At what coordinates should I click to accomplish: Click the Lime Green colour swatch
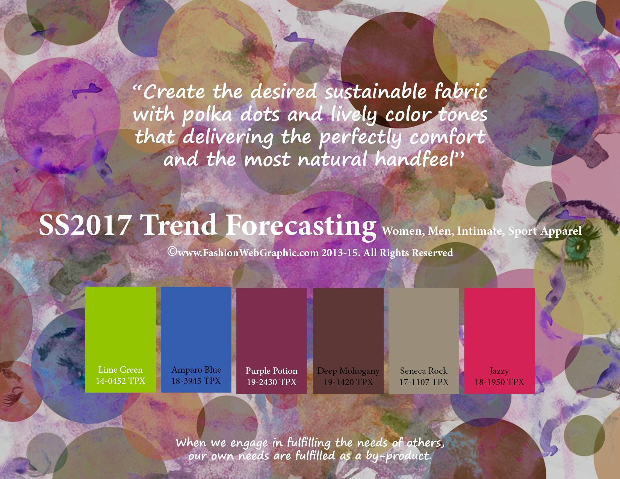[120, 340]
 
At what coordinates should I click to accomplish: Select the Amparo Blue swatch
[196, 340]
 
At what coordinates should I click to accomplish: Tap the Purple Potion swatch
[272, 341]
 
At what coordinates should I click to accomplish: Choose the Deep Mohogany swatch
[348, 341]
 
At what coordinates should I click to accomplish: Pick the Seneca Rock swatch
[424, 341]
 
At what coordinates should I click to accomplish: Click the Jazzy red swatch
[499, 341]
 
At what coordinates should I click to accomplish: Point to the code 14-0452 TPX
[120, 381]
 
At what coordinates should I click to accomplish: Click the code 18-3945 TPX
[196, 381]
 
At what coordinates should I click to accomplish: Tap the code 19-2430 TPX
[272, 382]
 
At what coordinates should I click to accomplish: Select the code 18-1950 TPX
[499, 382]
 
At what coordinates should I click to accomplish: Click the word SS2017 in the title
[85, 225]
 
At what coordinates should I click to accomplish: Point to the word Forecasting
[301, 227]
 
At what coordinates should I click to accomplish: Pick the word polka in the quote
[207, 115]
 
